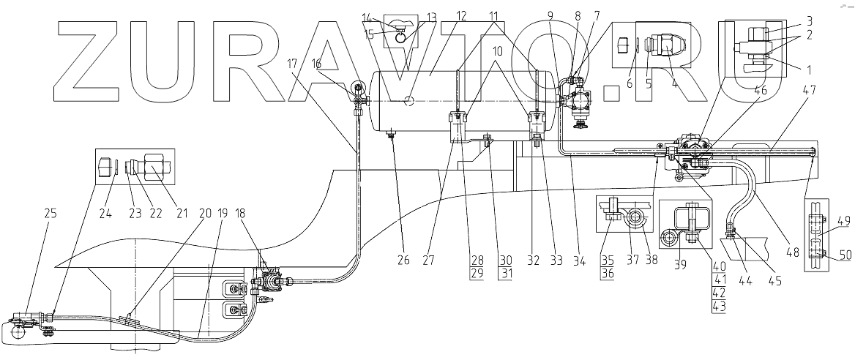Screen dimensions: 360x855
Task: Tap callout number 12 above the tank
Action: point(440,16)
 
